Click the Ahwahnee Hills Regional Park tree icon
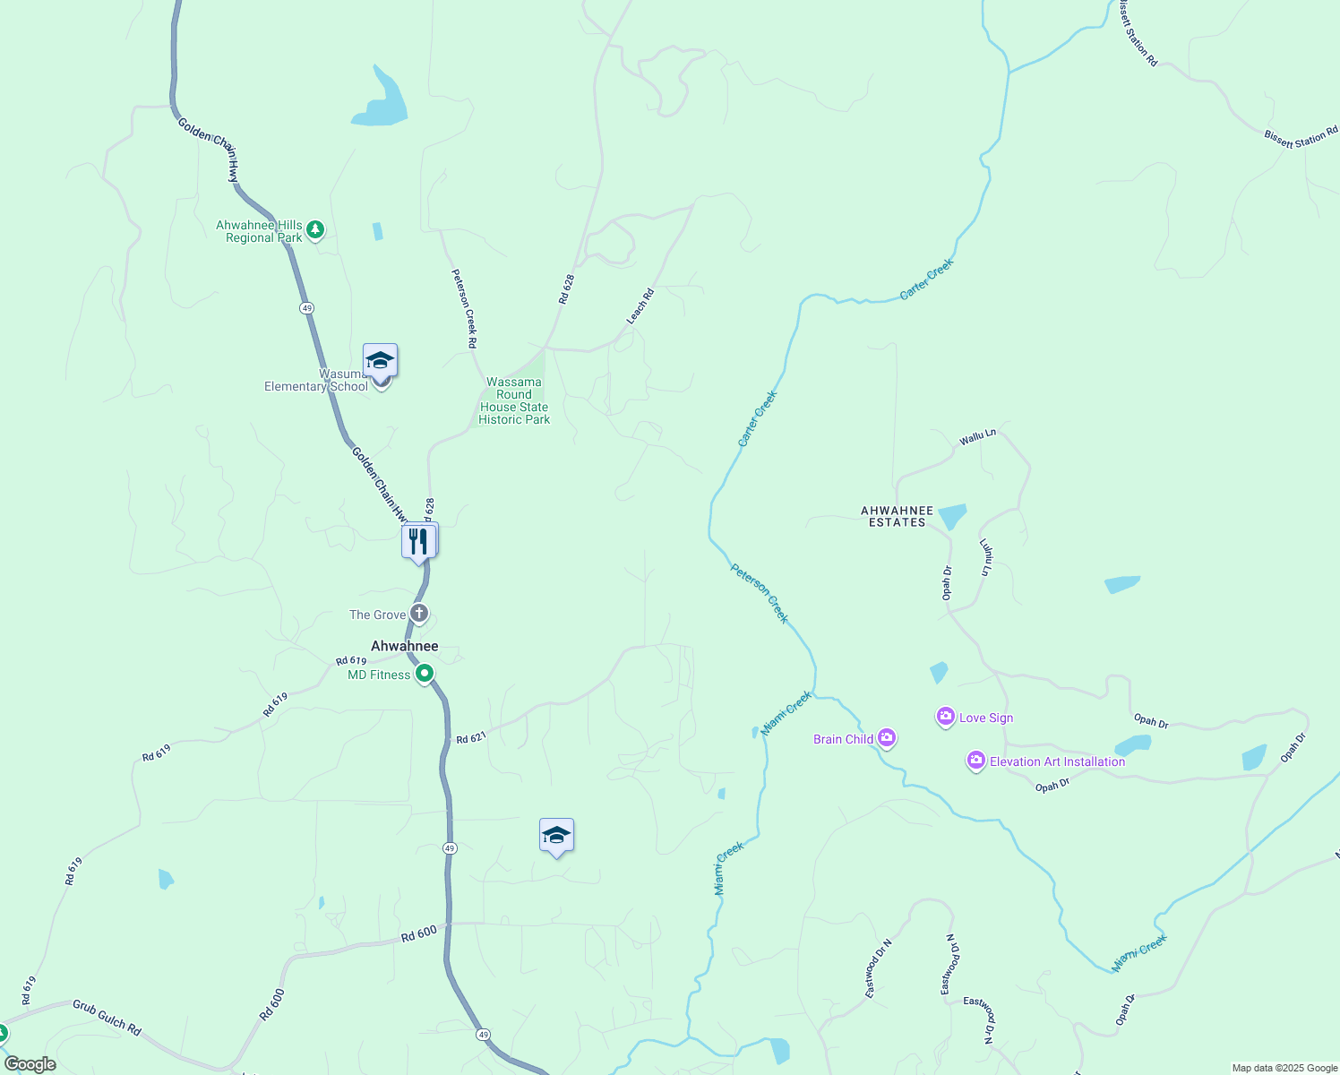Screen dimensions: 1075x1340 point(315,230)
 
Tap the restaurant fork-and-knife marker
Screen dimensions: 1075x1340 point(418,541)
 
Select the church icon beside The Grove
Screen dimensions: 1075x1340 point(419,614)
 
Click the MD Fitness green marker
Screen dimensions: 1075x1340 point(425,673)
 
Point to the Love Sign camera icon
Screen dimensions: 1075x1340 point(945,717)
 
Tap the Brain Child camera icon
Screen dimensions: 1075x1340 point(887,738)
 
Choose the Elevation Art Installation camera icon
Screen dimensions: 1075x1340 point(975,761)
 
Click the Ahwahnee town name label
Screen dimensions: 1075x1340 point(405,646)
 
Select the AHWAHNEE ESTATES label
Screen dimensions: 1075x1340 point(897,516)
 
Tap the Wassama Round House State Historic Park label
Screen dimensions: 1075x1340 point(514,400)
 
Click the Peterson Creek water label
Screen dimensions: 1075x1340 point(760,593)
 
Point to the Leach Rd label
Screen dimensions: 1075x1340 point(640,306)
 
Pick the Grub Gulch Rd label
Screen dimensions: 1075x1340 point(107,1018)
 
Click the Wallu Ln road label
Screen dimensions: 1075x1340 point(977,437)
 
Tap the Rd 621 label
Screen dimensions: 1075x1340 point(471,738)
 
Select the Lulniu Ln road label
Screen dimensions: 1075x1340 point(986,556)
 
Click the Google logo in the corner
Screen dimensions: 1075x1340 point(30,1064)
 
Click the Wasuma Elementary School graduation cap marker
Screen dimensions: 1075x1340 point(380,362)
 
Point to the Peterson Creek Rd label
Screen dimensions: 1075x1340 point(464,308)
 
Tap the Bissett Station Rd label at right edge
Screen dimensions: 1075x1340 point(1301,138)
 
